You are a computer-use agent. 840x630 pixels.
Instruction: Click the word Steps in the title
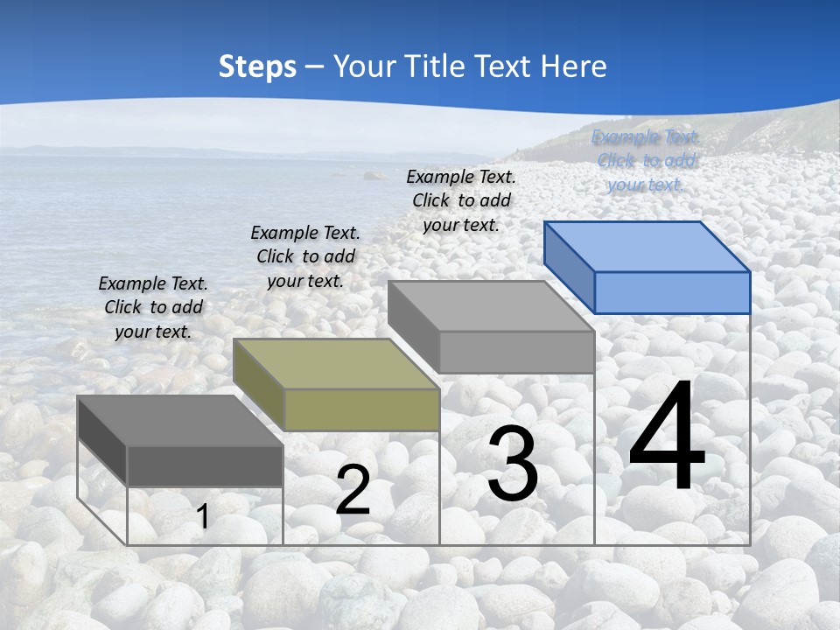tap(256, 66)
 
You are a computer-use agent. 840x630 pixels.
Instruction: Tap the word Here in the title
tap(572, 66)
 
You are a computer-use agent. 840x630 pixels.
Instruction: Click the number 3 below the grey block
tap(513, 464)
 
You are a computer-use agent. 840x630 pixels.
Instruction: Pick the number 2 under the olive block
tap(353, 490)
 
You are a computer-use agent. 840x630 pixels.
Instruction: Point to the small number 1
tap(202, 517)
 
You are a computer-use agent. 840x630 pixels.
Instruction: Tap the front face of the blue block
tap(672, 292)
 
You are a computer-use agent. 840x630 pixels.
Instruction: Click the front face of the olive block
tap(361, 409)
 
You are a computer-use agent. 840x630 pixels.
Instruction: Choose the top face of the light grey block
tap(491, 306)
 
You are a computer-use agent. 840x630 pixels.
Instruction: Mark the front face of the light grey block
tap(516, 352)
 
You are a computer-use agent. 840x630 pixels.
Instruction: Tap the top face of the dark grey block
tap(180, 421)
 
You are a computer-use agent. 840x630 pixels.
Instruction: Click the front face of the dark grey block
tap(205, 465)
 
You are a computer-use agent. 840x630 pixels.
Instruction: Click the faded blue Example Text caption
tap(646, 161)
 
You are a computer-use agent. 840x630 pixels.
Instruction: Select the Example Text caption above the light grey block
tap(461, 200)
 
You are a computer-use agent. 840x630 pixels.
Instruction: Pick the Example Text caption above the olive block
tap(305, 256)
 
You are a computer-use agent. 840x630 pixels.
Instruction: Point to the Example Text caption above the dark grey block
tap(153, 307)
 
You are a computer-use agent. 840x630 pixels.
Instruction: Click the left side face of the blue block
tap(569, 266)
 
